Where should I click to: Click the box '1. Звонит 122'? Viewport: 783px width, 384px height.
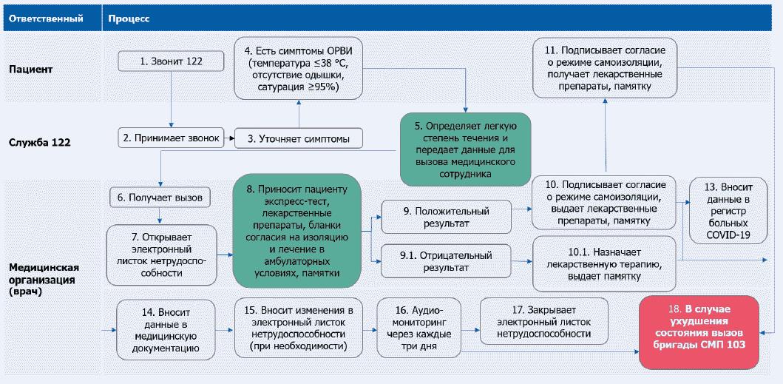pyautogui.click(x=172, y=61)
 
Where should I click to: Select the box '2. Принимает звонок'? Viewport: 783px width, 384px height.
pyautogui.click(x=172, y=138)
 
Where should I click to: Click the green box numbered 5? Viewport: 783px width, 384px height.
pyautogui.click(x=466, y=149)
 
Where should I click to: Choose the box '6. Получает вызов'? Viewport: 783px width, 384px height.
pyautogui.click(x=160, y=198)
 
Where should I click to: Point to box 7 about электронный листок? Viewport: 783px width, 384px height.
pyautogui.click(x=160, y=255)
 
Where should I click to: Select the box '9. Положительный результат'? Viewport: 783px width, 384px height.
pyautogui.click(x=446, y=217)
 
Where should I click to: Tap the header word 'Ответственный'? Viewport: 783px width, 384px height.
pyautogui.click(x=50, y=17)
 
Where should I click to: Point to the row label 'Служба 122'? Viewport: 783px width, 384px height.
pyautogui.click(x=40, y=142)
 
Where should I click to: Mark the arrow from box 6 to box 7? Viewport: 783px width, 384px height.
pyautogui.click(x=160, y=215)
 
